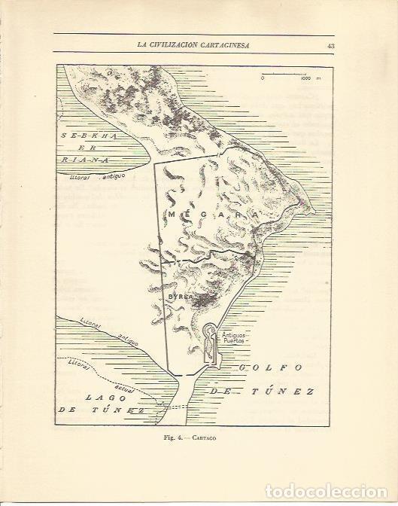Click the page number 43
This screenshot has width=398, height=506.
click(331, 45)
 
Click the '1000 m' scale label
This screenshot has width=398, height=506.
click(308, 77)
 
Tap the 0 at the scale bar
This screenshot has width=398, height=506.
click(263, 77)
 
